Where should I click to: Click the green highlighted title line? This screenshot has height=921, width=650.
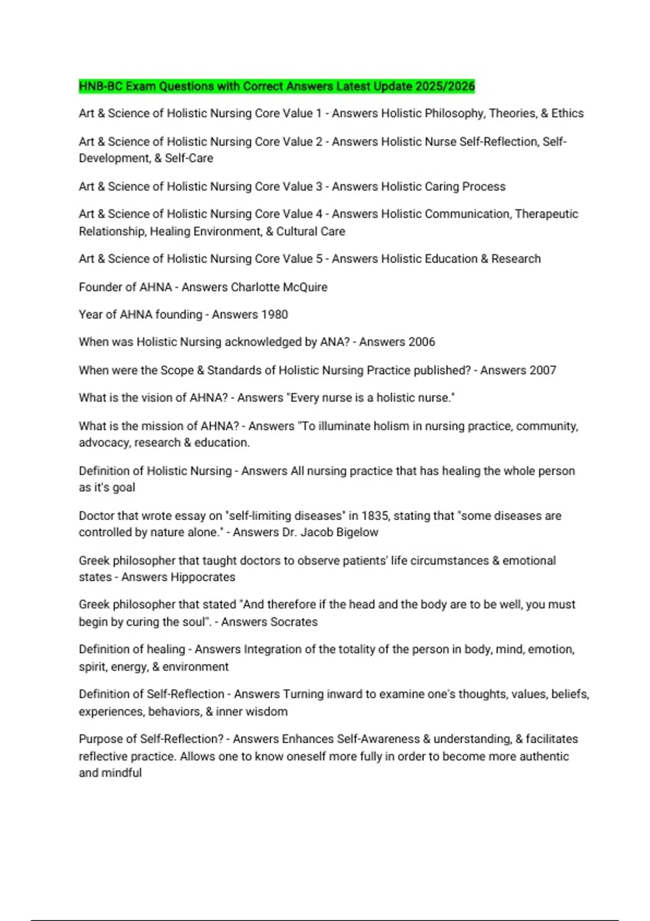(x=276, y=86)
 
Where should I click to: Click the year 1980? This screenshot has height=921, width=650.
(x=274, y=315)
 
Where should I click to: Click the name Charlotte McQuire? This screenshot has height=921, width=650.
(x=279, y=287)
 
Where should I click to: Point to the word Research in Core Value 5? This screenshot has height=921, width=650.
(x=516, y=259)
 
